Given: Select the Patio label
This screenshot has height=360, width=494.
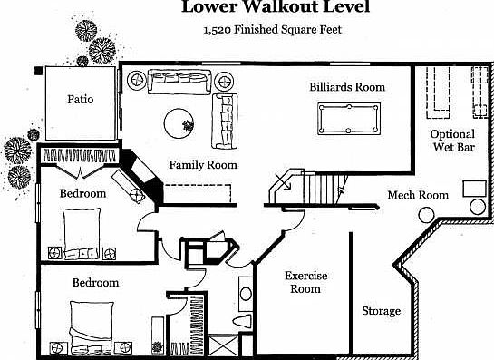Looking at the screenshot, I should point(81,99).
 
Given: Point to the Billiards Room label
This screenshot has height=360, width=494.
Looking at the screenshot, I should point(347,87).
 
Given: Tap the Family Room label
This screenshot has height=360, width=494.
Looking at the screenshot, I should point(203,165).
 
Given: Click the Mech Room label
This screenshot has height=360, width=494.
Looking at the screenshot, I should point(418,195).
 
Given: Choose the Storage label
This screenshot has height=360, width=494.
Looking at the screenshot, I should point(381,311).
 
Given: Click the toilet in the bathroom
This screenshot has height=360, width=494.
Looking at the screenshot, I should point(243,321).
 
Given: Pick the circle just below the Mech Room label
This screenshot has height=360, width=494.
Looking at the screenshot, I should point(425,216).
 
